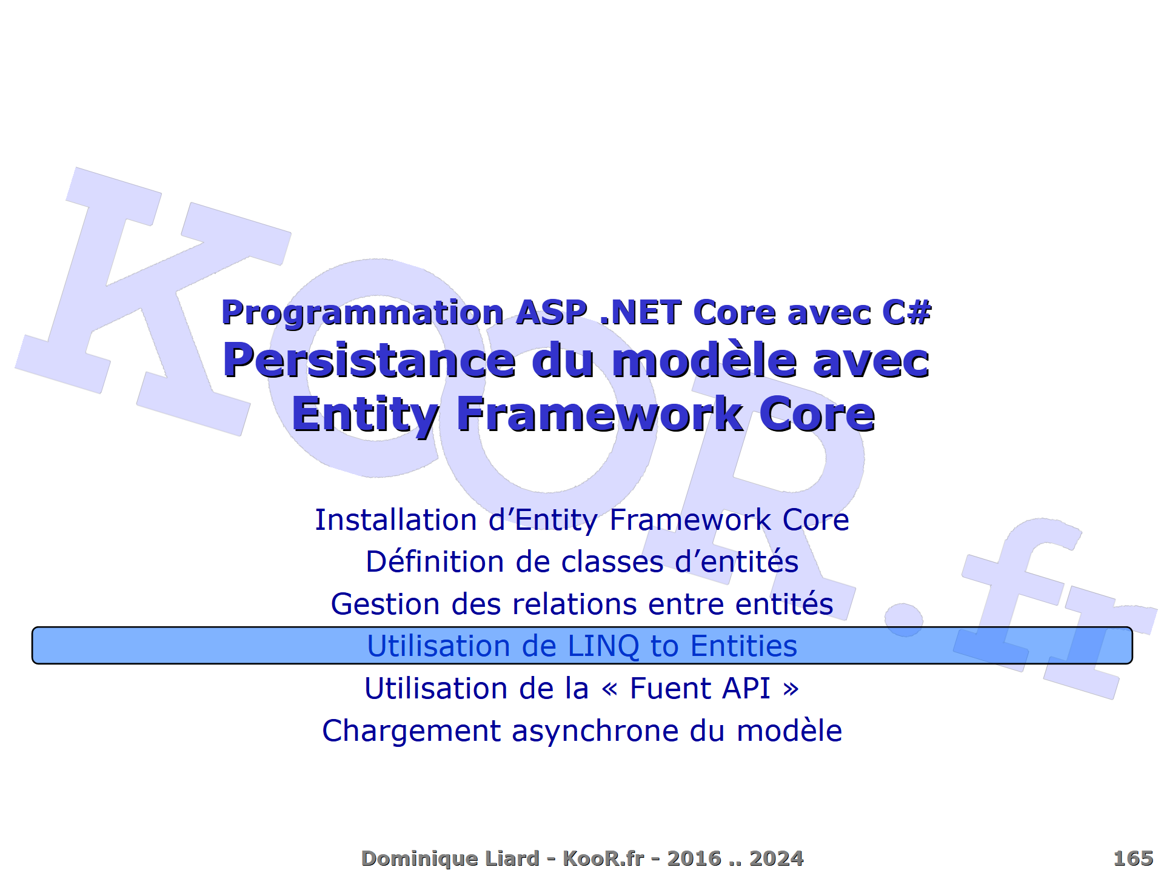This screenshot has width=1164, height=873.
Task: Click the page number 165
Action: [x=1132, y=858]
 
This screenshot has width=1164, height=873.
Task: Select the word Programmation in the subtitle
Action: [x=363, y=313]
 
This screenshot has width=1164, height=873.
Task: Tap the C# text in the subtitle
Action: [x=906, y=313]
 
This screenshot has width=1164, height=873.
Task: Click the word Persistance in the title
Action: [x=369, y=360]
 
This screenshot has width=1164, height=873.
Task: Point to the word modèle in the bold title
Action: [x=704, y=360]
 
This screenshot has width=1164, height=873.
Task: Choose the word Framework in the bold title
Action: [x=600, y=414]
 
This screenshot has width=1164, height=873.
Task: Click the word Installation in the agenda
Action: [x=396, y=520]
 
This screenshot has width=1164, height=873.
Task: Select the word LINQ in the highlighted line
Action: [x=603, y=646]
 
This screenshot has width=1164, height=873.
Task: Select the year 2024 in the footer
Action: [x=776, y=858]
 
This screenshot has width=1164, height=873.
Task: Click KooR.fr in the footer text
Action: [x=603, y=858]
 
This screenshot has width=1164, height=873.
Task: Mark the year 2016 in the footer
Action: [x=694, y=858]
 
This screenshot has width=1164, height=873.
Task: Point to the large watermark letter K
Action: [x=121, y=291]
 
